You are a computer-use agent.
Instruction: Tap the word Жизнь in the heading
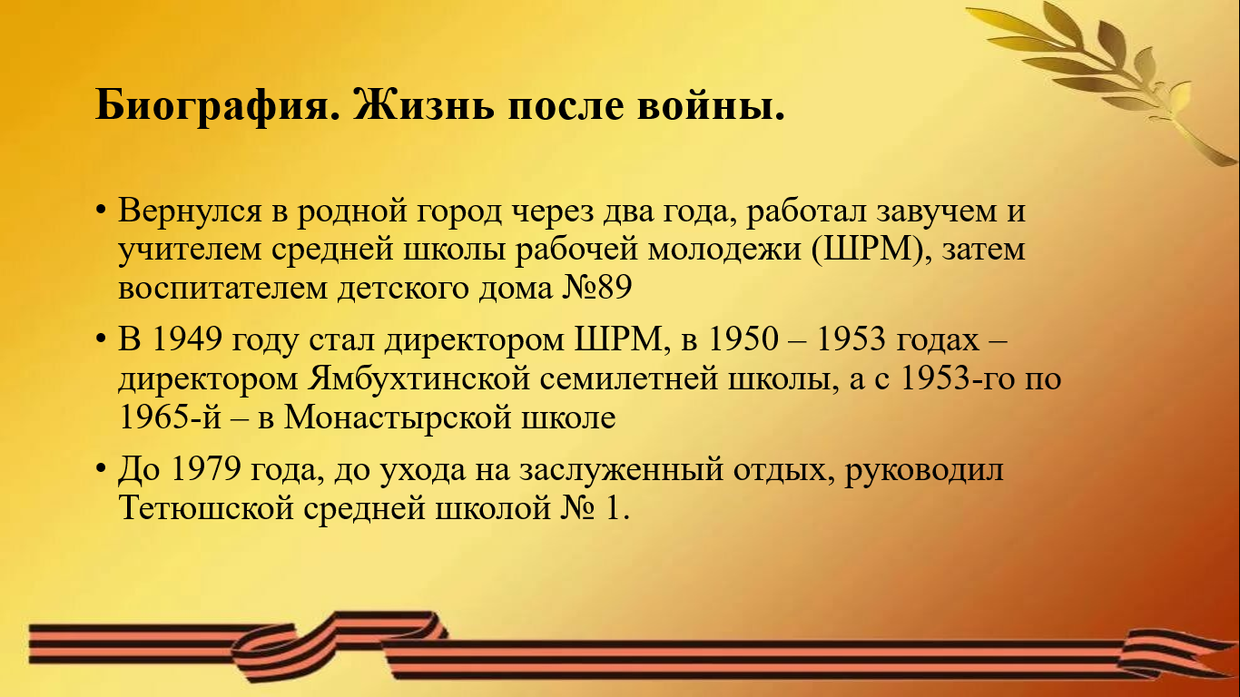coord(424,104)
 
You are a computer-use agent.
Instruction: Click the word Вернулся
coord(190,211)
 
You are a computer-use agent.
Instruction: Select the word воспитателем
coord(223,288)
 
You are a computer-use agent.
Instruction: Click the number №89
coord(596,288)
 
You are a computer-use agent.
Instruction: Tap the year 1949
coord(187,339)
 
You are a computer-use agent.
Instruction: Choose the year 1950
coord(743,339)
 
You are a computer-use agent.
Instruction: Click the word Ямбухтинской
coord(419,379)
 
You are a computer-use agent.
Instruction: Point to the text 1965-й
coord(170,417)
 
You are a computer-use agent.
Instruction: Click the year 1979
coord(206,469)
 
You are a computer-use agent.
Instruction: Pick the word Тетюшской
coord(206,507)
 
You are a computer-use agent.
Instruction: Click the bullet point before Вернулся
coord(100,211)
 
